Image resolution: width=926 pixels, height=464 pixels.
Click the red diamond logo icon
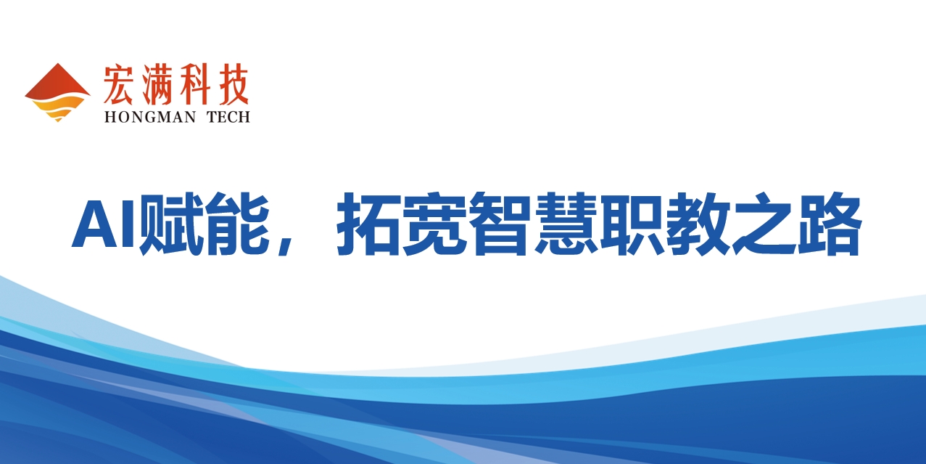click(57, 92)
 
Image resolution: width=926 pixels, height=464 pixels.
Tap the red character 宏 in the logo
click(118, 84)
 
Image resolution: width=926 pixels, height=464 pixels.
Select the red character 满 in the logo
click(157, 84)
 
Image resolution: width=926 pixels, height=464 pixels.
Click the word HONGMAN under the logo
click(150, 117)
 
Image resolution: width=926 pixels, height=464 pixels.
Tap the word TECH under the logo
click(228, 117)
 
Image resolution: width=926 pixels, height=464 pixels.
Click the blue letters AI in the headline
click(104, 224)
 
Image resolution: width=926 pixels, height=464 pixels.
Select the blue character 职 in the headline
click(632, 224)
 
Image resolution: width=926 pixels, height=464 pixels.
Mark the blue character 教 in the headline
click(698, 224)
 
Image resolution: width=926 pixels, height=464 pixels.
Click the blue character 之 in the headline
click(764, 224)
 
